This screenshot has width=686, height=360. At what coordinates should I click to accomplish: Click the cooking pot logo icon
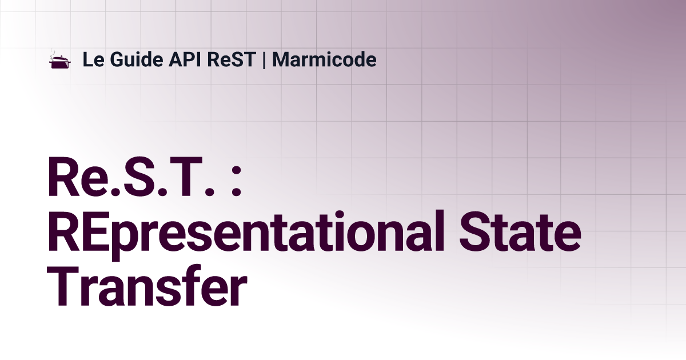pyautogui.click(x=59, y=61)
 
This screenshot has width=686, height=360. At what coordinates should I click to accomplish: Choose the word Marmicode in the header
pyautogui.click(x=324, y=59)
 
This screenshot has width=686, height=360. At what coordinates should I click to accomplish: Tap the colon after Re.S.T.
pyautogui.click(x=236, y=182)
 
